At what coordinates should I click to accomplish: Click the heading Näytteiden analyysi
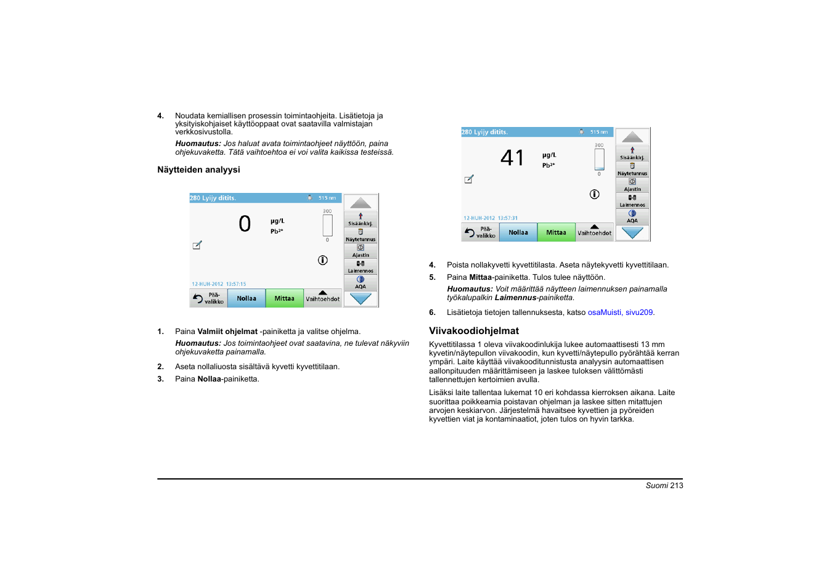(x=198, y=169)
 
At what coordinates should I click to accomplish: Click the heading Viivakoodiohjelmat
(x=473, y=331)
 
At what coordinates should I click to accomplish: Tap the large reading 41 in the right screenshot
(x=512, y=158)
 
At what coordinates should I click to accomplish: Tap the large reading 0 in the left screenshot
(x=245, y=224)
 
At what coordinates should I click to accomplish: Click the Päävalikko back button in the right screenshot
(x=480, y=232)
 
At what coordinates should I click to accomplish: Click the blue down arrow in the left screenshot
(x=361, y=299)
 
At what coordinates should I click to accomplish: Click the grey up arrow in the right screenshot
(x=632, y=137)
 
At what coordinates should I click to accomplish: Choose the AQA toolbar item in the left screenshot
(x=361, y=283)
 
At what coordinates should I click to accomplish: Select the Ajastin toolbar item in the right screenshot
(x=632, y=185)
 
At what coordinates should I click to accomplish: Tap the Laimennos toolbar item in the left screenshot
(x=361, y=267)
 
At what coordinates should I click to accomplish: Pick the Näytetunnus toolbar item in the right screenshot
(x=632, y=169)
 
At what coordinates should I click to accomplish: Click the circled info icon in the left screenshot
(x=322, y=260)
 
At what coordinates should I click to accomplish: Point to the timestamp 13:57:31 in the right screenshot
(x=508, y=218)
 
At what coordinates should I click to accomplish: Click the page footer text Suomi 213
(x=664, y=486)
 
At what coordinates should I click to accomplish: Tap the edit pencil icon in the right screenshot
(x=469, y=179)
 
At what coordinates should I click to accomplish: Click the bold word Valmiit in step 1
(x=210, y=332)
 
